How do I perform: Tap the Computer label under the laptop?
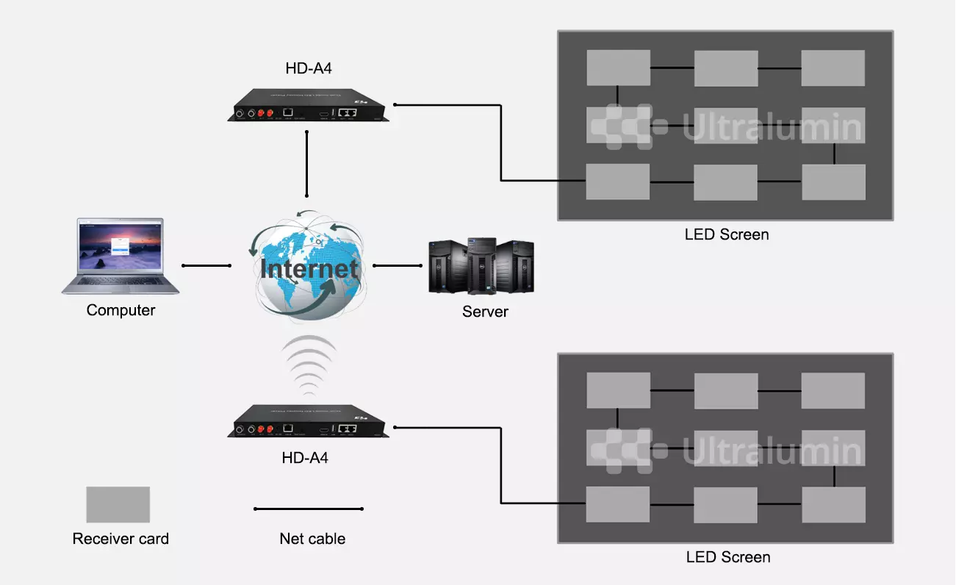pyautogui.click(x=121, y=310)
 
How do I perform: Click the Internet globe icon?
pyautogui.click(x=309, y=266)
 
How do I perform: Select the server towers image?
pyautogui.click(x=481, y=265)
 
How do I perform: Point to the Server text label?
pyautogui.click(x=485, y=312)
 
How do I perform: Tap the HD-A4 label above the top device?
pyautogui.click(x=309, y=69)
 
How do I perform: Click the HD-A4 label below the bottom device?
pyautogui.click(x=305, y=458)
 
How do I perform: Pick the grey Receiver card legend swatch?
pyautogui.click(x=118, y=505)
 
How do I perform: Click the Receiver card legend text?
pyautogui.click(x=121, y=539)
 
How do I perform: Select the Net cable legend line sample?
pyautogui.click(x=309, y=509)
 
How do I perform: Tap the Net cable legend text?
pyautogui.click(x=312, y=539)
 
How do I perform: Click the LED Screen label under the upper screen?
pyautogui.click(x=727, y=234)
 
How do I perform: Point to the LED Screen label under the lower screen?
pyautogui.click(x=728, y=557)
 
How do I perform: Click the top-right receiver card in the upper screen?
pyautogui.click(x=833, y=68)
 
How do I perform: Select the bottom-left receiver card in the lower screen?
pyautogui.click(x=618, y=504)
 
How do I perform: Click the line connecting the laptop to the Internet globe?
pyautogui.click(x=206, y=265)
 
